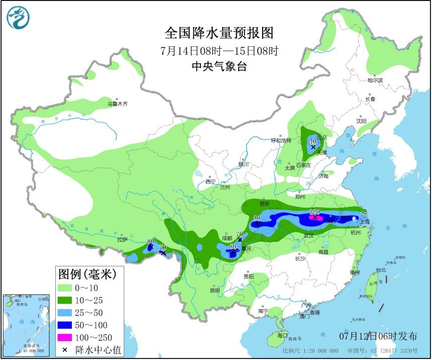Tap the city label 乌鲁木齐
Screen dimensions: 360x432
118,104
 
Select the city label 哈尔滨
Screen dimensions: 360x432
375,80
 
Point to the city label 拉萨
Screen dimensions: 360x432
123,240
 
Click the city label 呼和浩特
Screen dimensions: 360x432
281,140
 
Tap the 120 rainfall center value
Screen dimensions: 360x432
315,212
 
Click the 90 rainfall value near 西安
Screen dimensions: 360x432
257,217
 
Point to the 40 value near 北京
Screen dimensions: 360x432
312,142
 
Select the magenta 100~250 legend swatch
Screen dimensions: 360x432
71,337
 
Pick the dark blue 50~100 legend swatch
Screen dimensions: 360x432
71,325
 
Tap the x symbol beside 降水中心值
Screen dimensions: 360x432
65,349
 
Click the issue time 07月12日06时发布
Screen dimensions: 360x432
377,336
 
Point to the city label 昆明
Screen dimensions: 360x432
214,290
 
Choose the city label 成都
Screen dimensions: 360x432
227,238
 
